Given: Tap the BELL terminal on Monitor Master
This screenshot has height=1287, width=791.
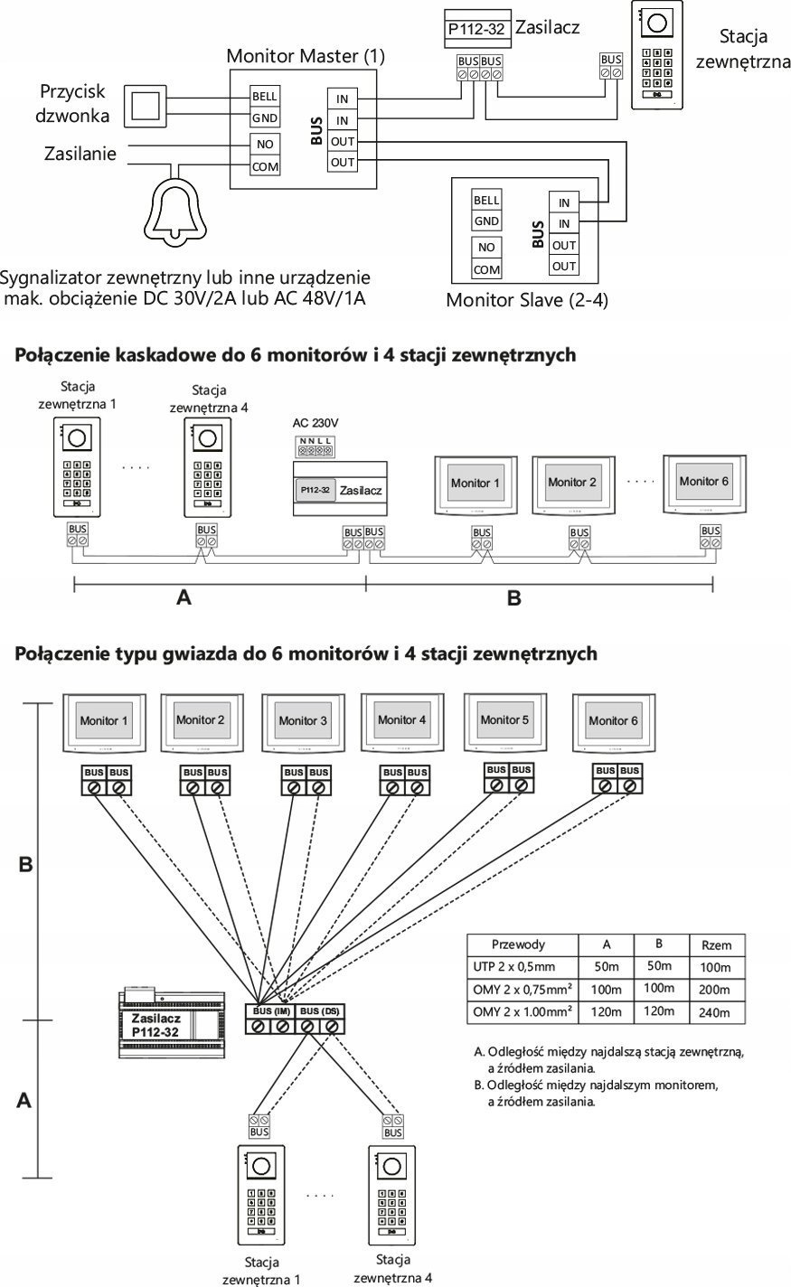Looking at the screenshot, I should [264, 97].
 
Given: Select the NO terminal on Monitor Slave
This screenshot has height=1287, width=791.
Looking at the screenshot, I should [486, 247].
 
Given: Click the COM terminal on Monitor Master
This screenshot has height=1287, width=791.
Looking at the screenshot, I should [264, 166].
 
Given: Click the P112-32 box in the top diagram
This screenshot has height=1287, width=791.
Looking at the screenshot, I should [477, 28].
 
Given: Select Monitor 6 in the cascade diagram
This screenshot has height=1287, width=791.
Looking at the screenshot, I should [703, 483].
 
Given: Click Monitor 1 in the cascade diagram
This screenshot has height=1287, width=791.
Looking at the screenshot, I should [475, 484].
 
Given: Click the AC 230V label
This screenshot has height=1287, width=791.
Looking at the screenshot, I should [315, 423].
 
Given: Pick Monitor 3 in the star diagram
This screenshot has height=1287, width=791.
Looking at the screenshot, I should [297, 722].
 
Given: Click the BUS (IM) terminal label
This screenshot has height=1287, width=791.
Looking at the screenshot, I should [270, 1010].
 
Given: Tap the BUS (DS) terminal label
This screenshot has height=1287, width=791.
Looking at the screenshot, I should [320, 1010].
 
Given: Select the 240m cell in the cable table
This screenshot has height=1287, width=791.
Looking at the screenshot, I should [714, 1013].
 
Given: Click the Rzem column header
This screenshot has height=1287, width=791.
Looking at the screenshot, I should [716, 945].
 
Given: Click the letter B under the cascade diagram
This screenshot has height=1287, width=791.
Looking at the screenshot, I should [513, 597].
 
